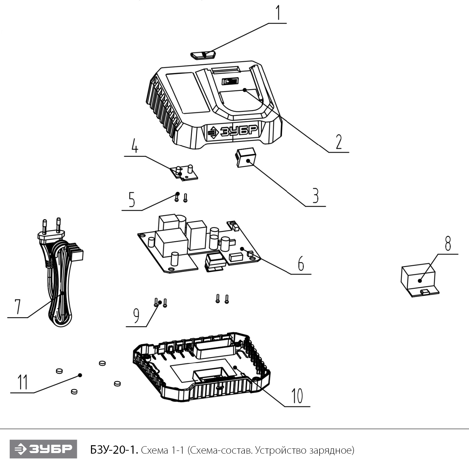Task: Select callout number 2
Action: [x=339, y=142]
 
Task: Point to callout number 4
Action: [x=135, y=146]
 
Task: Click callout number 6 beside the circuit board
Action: [x=301, y=263]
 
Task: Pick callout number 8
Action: [x=448, y=243]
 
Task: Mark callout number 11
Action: [x=22, y=382]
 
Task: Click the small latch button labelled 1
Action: [x=203, y=55]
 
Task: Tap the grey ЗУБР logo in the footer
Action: [x=43, y=449]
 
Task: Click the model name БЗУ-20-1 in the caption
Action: [x=114, y=450]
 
